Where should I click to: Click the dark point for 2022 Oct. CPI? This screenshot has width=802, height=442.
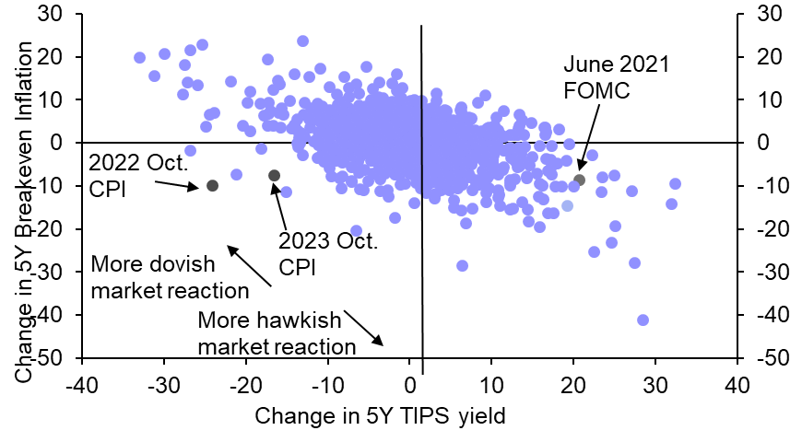tap(212, 185)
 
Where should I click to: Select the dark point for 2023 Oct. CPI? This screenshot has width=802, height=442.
tap(274, 175)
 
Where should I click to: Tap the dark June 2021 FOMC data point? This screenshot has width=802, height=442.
tap(579, 180)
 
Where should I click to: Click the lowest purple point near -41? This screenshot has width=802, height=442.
tap(643, 320)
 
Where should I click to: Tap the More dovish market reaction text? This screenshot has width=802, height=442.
tap(171, 278)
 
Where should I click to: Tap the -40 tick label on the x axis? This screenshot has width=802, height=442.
tap(82, 383)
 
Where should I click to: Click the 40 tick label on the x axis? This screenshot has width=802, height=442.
tap(737, 383)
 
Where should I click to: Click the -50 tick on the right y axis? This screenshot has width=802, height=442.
tap(770, 357)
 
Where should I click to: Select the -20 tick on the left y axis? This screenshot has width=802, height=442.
tap(53, 228)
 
